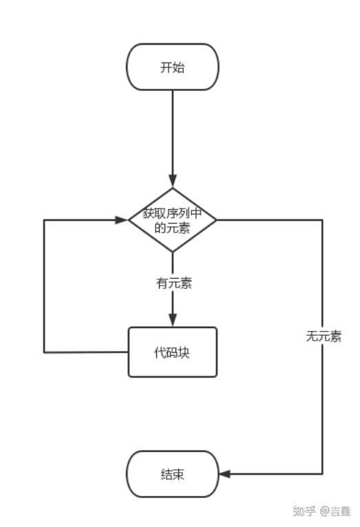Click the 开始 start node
[173, 67]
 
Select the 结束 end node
[173, 474]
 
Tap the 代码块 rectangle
[173, 352]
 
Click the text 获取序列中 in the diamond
[173, 213]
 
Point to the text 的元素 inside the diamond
[173, 228]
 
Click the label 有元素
[173, 283]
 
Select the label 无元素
[324, 337]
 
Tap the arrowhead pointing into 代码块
[173, 321]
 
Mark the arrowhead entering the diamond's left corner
[123, 220]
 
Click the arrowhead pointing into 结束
[224, 474]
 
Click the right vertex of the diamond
[216, 220]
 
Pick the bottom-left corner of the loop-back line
[45, 352]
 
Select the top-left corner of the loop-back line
[45, 220]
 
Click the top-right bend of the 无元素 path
[322, 220]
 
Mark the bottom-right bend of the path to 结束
[322, 474]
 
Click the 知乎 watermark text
[304, 511]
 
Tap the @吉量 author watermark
[335, 511]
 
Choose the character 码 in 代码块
[173, 352]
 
